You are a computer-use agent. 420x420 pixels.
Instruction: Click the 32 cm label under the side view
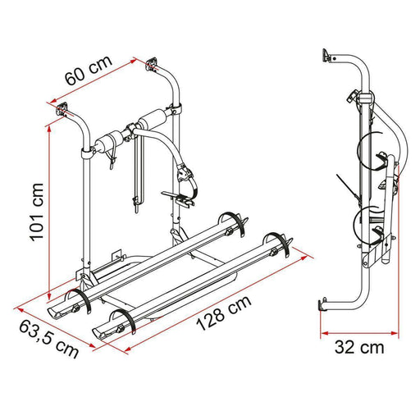[359, 346]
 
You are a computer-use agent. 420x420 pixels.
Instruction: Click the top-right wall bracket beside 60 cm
[150, 63]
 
